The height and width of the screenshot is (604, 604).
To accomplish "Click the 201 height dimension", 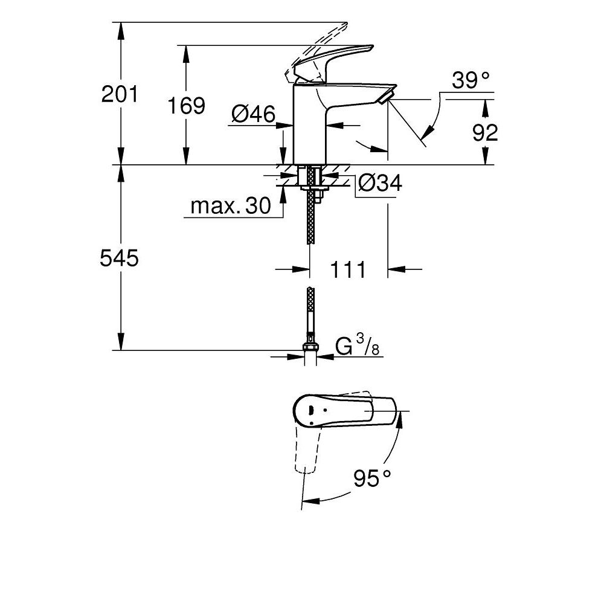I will click(121, 94).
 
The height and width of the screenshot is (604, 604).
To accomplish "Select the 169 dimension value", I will click(187, 106).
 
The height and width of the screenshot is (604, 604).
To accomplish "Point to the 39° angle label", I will click(471, 80).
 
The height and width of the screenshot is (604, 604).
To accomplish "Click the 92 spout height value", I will click(485, 132).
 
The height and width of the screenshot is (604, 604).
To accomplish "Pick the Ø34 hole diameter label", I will click(379, 183).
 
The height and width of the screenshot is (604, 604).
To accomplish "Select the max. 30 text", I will click(230, 207).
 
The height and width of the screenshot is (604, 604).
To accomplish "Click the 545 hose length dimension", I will click(120, 259).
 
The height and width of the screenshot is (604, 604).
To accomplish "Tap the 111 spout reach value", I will click(348, 269).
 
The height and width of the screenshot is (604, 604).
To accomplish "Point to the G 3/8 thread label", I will click(357, 347).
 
